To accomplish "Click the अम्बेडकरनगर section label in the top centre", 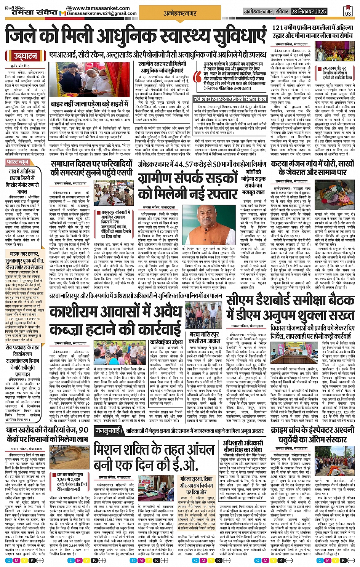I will tap(180, 13).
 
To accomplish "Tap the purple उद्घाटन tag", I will tap(26, 56).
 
